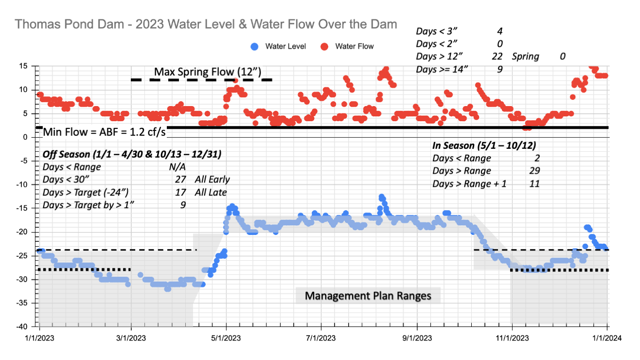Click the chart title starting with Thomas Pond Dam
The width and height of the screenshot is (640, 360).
[206, 24]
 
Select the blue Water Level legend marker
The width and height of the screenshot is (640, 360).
[254, 47]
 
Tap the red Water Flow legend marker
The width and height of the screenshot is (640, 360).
[325, 47]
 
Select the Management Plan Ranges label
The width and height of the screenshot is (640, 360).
[368, 296]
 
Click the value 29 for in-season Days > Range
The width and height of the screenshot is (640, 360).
[534, 171]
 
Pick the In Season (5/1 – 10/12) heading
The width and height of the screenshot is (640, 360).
[484, 145]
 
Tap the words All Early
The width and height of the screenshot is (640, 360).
[211, 180]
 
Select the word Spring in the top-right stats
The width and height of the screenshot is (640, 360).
[526, 56]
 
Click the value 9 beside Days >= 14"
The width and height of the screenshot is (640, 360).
[499, 70]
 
